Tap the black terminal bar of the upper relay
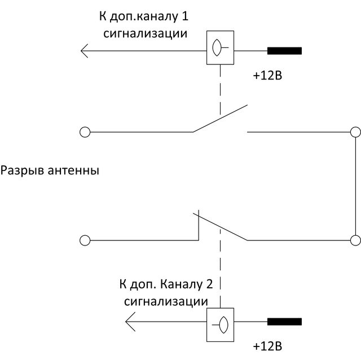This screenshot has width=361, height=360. (x=284, y=51)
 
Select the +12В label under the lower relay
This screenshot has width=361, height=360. (x=266, y=345)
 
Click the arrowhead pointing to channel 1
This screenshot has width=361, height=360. (x=85, y=51)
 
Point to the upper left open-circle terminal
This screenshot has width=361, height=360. (x=85, y=132)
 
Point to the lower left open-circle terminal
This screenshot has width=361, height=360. (x=85, y=240)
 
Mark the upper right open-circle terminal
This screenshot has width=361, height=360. (x=355, y=132)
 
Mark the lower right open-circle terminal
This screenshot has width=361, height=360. (x=355, y=240)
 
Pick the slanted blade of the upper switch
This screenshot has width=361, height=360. (x=220, y=118)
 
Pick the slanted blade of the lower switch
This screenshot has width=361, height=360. (x=220, y=226)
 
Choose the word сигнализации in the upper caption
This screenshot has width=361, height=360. (x=146, y=33)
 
